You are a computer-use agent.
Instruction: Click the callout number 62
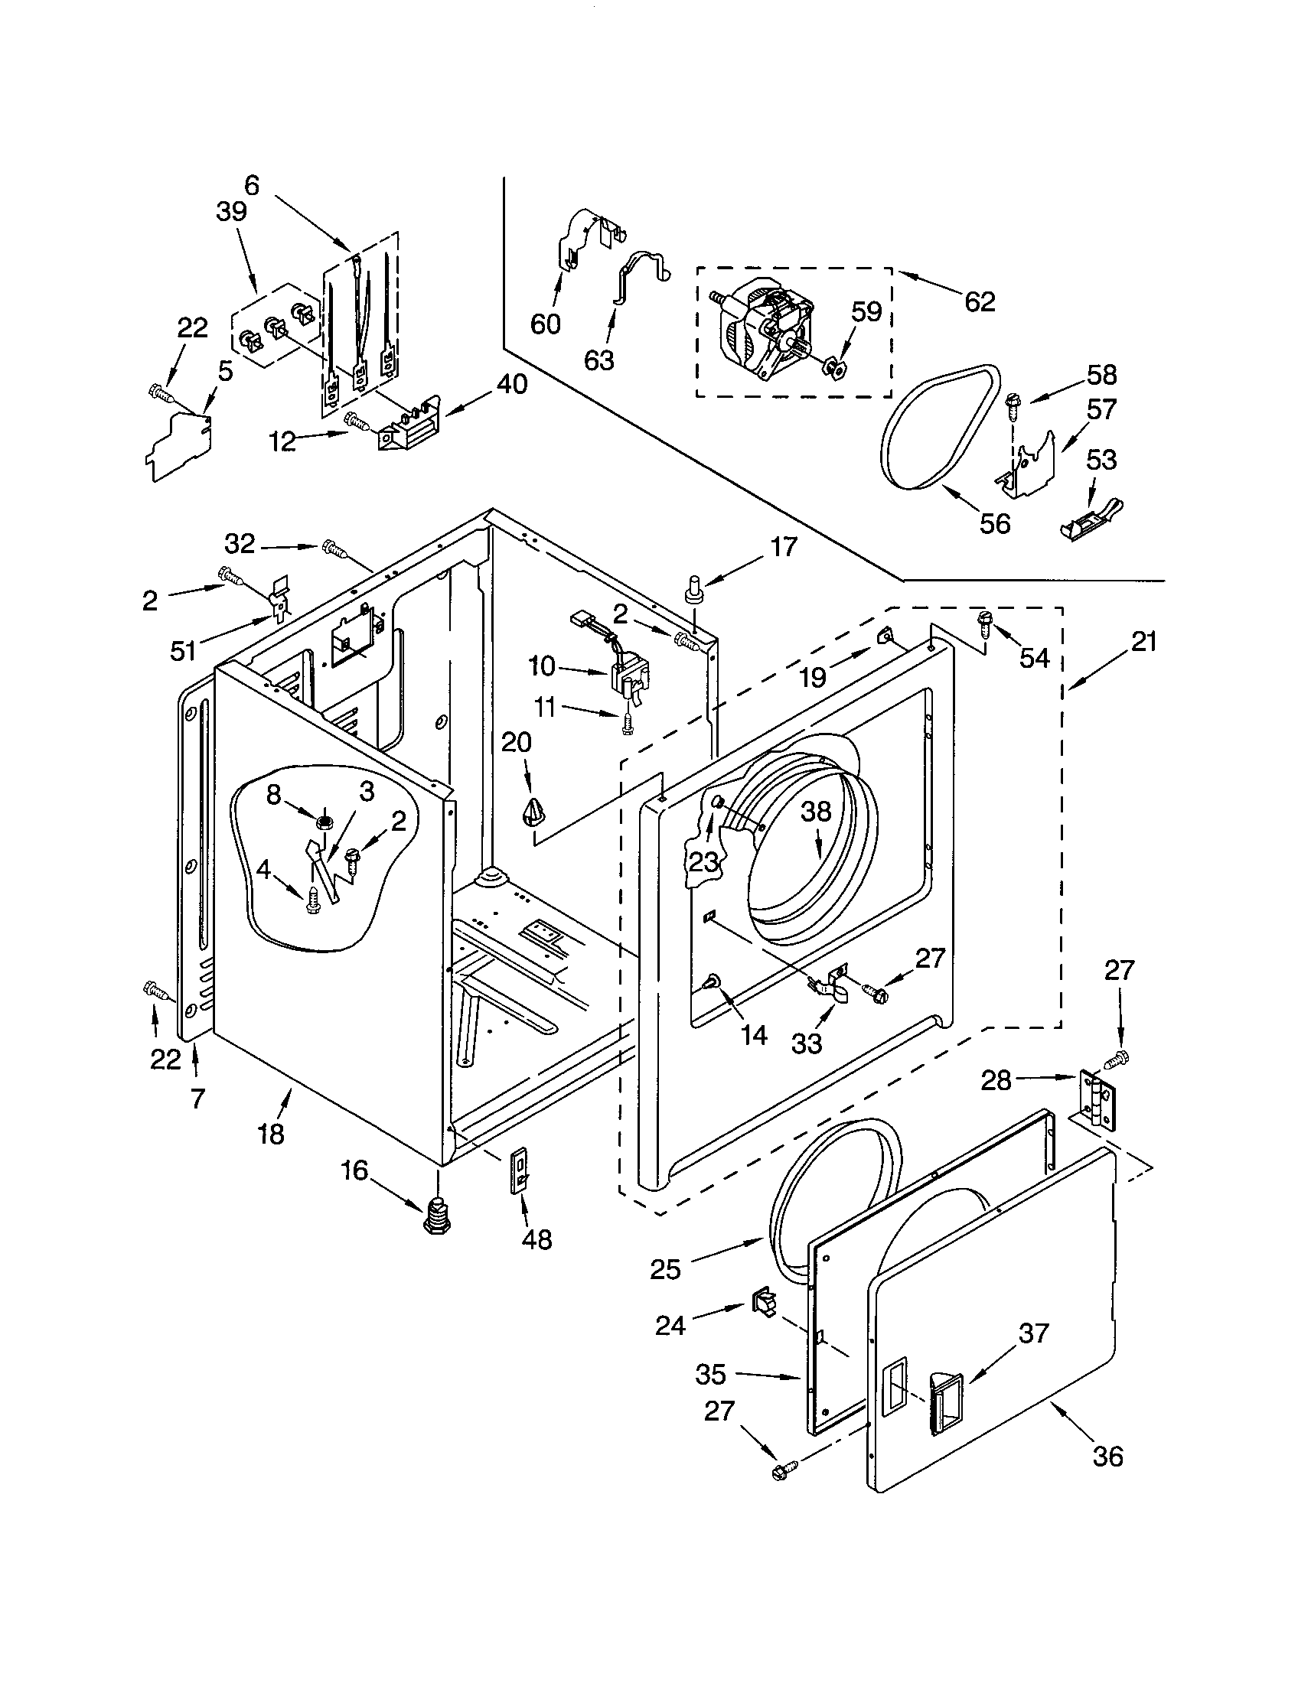click(979, 301)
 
